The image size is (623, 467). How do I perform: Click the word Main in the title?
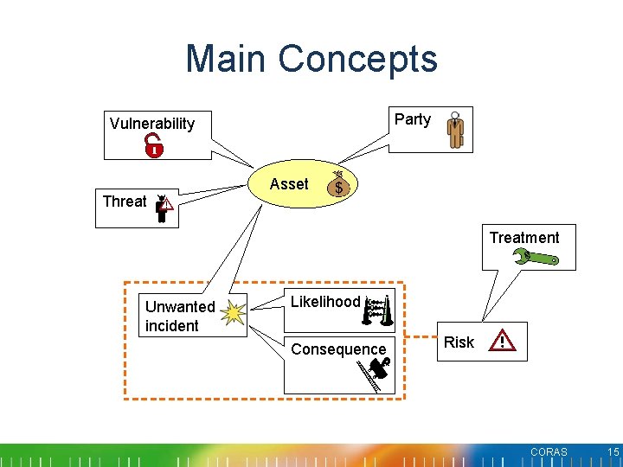(x=225, y=59)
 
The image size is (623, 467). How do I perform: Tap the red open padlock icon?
(x=154, y=145)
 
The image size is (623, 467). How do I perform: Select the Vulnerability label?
(x=152, y=124)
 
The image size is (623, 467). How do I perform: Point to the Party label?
(x=412, y=119)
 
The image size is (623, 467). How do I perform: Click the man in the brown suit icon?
(x=455, y=130)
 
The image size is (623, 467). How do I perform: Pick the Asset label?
(x=288, y=184)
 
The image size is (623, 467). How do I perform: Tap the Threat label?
(x=125, y=202)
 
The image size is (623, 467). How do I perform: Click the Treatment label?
(x=524, y=238)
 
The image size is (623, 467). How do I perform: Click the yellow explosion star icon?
(x=232, y=313)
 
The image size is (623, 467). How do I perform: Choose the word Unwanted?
(x=180, y=307)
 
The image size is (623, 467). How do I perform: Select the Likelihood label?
(x=324, y=302)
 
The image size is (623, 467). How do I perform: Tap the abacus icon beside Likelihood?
(x=379, y=311)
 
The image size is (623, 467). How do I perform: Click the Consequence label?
(x=338, y=349)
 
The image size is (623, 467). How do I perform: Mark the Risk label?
(x=459, y=342)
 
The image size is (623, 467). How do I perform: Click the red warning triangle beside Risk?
(x=503, y=342)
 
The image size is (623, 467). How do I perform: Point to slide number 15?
(x=613, y=452)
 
